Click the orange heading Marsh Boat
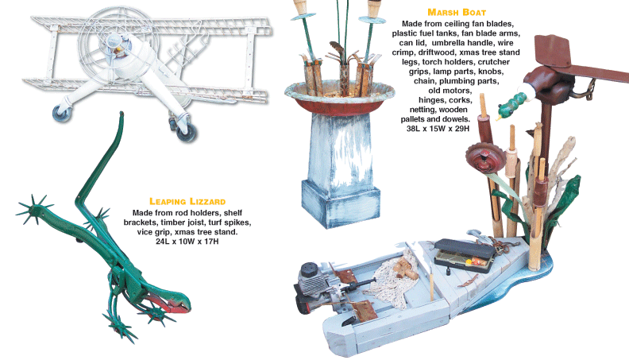457,13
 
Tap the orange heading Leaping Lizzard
187,202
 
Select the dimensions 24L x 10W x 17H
187,242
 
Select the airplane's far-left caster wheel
62,113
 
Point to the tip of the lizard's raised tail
122,114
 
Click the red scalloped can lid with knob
484,157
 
